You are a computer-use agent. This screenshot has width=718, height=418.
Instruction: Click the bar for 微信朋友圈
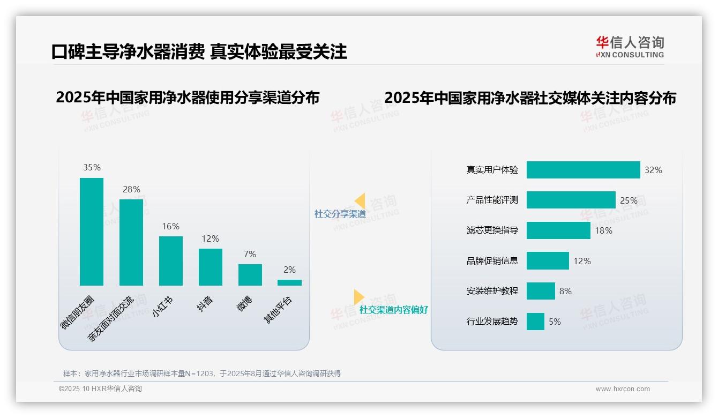92,232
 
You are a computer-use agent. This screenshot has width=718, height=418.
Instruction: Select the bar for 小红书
170,260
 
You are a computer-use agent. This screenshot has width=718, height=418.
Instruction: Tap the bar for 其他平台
289,282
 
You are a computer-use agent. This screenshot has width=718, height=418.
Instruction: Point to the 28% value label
131,189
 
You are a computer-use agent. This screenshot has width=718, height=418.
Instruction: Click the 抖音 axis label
205,304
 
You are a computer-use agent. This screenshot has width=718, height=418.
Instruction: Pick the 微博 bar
250,274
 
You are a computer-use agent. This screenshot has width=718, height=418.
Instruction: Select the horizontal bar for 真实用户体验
583,170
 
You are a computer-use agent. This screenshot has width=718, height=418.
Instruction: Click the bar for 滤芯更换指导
558,230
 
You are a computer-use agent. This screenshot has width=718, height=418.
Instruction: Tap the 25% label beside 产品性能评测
629,200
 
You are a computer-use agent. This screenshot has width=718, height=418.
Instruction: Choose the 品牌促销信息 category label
492,261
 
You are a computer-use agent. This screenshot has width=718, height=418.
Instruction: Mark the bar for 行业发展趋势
535,322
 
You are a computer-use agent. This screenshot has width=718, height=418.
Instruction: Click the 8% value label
565,291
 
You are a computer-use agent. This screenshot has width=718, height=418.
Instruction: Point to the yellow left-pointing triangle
360,201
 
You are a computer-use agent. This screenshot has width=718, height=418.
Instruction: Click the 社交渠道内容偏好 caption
393,310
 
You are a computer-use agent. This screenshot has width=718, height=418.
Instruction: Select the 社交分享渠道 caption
340,214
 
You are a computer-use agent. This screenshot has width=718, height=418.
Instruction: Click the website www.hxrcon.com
622,389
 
